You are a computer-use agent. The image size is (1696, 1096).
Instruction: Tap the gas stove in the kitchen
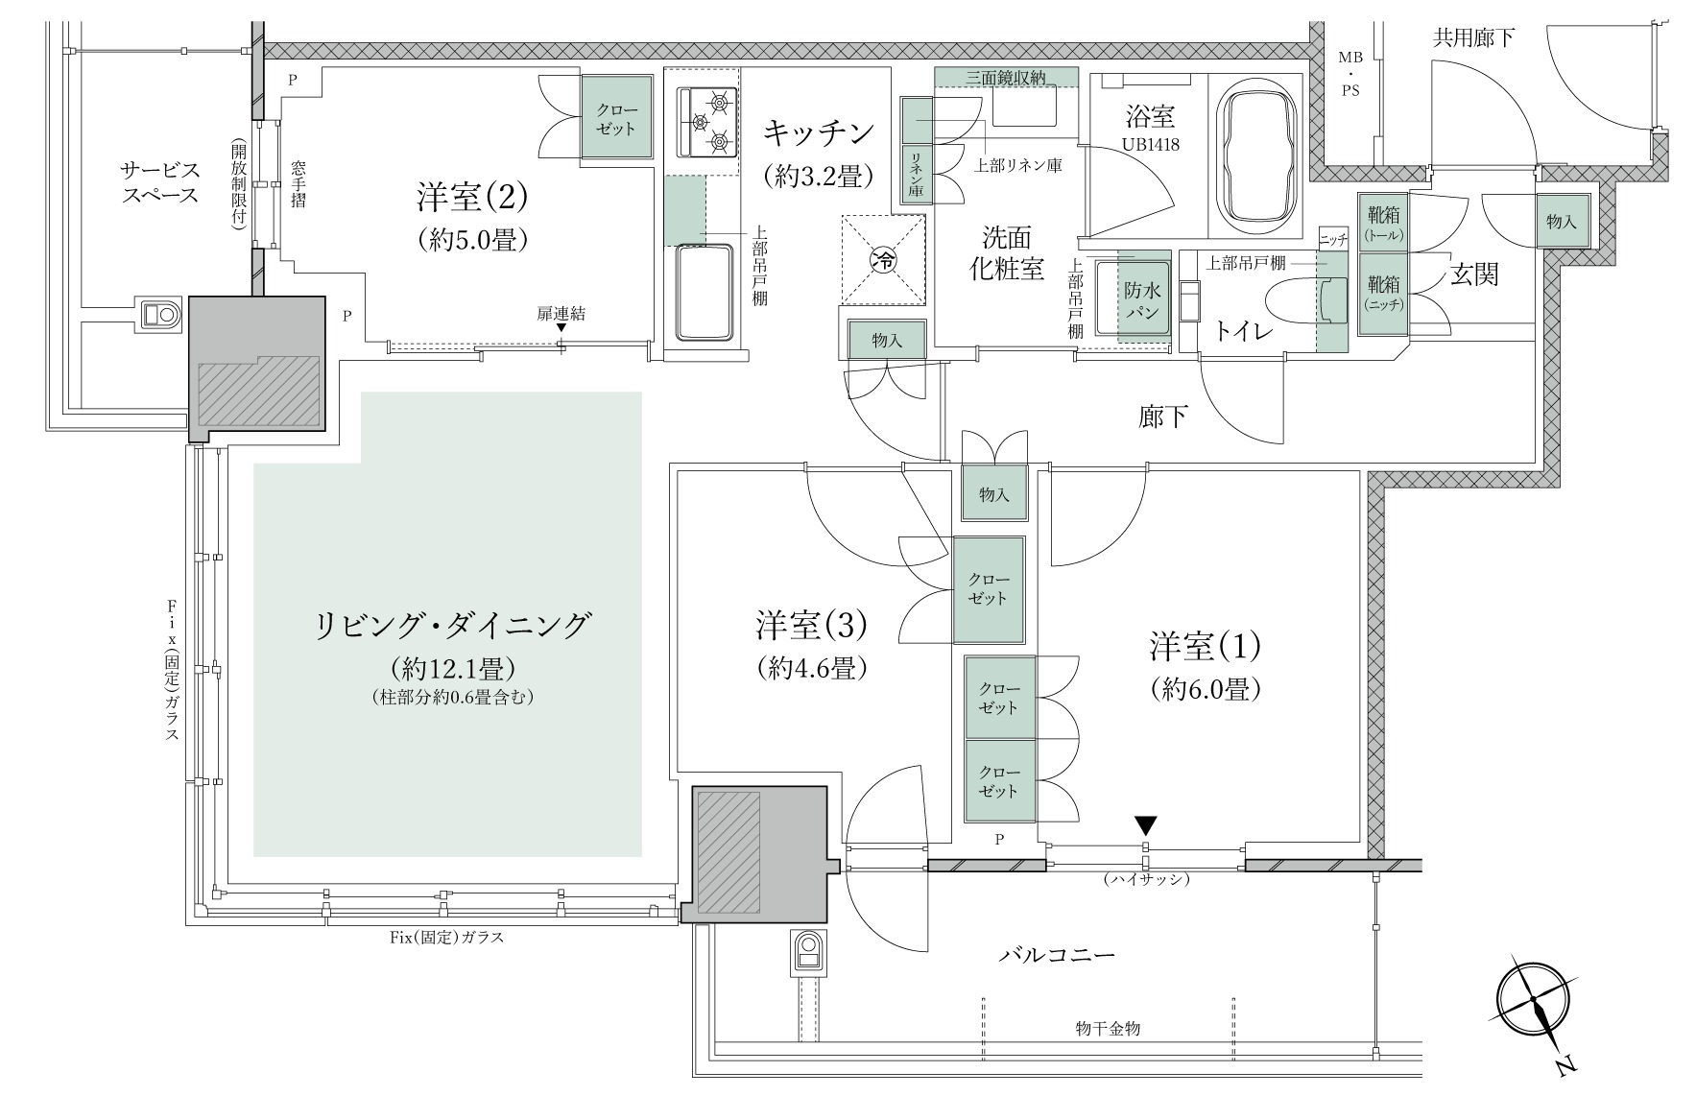click(x=707, y=121)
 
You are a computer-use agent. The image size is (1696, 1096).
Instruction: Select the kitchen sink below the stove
click(x=706, y=293)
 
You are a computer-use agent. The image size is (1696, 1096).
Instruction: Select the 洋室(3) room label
click(x=811, y=626)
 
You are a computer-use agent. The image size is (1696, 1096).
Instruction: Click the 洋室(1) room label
click(x=1205, y=647)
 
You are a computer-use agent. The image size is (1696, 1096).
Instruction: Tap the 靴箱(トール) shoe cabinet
click(x=1384, y=222)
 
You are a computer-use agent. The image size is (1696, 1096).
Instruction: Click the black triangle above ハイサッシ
click(x=1145, y=824)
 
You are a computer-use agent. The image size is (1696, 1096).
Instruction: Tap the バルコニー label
click(x=1057, y=956)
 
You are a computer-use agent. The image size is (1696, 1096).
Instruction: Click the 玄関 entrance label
click(x=1473, y=275)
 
